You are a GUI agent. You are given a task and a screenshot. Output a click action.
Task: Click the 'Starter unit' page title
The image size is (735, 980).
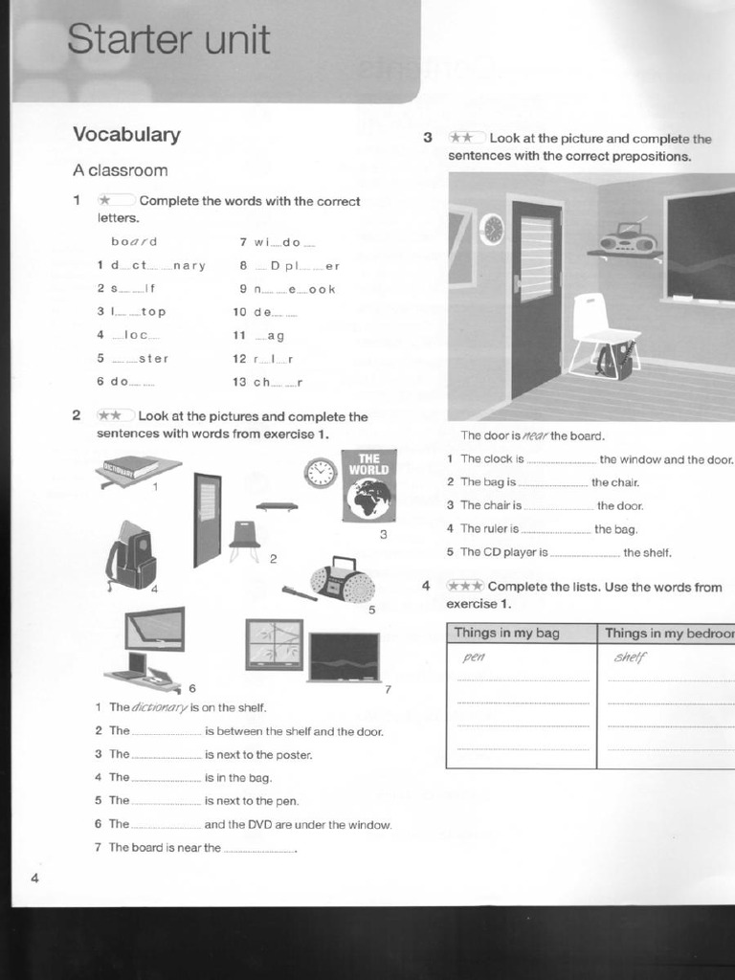168,40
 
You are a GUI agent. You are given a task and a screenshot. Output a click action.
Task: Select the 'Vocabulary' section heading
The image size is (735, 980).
126,135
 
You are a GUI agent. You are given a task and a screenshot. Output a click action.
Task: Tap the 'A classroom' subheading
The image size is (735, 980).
120,170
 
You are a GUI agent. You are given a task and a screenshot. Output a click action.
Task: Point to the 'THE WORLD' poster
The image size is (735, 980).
368,486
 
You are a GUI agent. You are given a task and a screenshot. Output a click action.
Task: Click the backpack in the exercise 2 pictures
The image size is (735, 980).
132,557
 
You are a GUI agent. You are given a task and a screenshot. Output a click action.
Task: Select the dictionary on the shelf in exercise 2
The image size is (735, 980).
131,467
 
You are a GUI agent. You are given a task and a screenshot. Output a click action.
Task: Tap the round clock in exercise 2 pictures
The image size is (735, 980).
321,473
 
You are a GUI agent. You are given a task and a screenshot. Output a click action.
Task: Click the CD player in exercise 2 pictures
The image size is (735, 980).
342,580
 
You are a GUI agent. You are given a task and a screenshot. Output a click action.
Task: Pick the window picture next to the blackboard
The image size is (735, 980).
274,644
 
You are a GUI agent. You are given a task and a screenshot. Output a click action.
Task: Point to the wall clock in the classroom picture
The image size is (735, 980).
492,229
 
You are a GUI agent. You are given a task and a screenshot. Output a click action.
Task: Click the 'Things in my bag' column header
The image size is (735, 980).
506,633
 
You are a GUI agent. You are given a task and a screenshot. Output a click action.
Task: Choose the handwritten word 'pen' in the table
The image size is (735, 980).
474,657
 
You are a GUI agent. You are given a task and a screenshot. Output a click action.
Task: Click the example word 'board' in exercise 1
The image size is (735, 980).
134,242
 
